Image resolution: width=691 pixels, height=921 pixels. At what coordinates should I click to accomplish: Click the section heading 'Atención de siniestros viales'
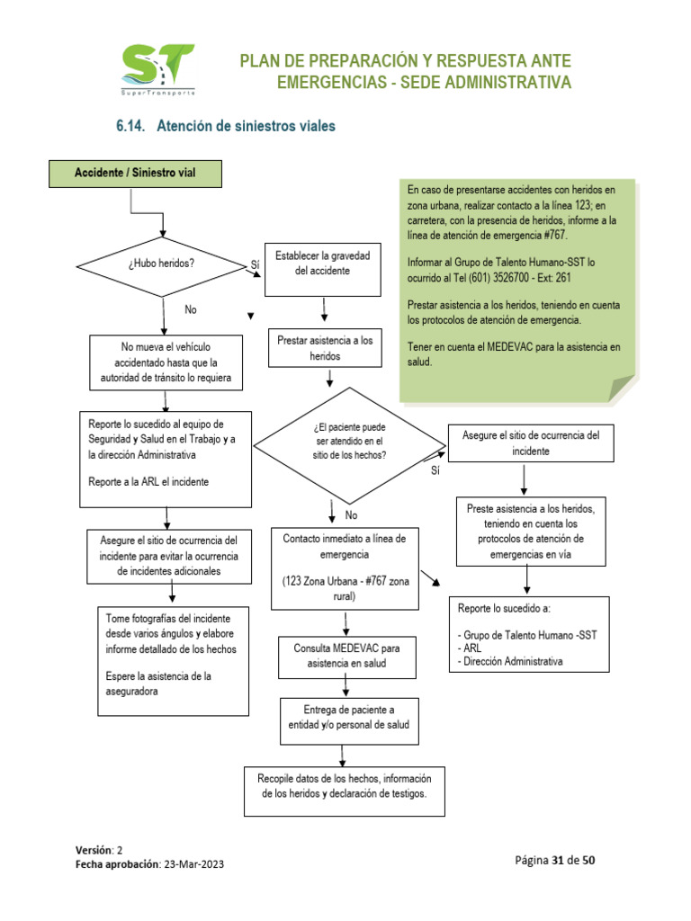246,127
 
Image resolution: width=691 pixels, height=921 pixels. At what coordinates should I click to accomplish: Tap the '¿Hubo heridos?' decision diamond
163,264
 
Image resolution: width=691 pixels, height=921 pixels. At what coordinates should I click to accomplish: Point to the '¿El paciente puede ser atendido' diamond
349,442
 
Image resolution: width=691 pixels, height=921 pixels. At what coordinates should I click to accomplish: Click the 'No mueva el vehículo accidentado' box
166,363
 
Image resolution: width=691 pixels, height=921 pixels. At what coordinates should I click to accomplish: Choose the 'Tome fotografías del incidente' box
171,660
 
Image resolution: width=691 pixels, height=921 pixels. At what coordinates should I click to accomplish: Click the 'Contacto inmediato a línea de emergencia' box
345,568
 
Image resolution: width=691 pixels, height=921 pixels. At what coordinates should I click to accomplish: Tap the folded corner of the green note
621,389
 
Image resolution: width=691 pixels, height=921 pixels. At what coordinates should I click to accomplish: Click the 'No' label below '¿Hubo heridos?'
190,309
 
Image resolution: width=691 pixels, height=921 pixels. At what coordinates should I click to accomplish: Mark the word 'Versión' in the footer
94,850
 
